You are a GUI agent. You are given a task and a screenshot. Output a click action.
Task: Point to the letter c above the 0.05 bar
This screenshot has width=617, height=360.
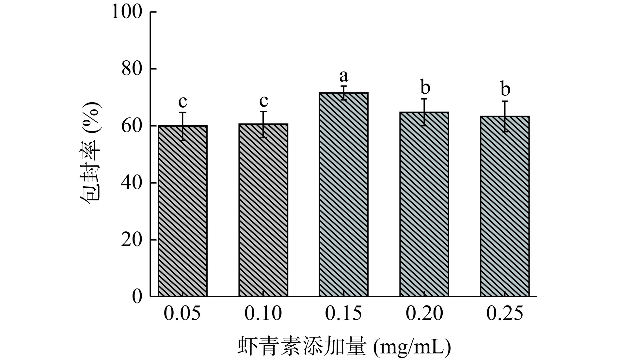[x=182, y=102]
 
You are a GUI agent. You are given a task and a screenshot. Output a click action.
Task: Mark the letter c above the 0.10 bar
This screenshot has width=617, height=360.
[x=263, y=101]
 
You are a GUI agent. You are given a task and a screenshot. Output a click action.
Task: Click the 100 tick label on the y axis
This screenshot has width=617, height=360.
[x=127, y=12]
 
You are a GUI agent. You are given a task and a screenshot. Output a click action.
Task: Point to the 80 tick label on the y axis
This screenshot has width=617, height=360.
[x=132, y=69]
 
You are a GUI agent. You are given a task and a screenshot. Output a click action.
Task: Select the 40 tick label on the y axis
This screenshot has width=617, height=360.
[x=132, y=183]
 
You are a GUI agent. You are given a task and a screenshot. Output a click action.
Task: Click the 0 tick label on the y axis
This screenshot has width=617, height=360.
[x=137, y=296]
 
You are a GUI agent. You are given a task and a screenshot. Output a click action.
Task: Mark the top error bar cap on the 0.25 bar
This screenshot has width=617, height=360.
[x=505, y=101]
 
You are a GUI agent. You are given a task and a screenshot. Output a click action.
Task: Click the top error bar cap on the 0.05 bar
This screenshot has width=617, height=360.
[x=182, y=112]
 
